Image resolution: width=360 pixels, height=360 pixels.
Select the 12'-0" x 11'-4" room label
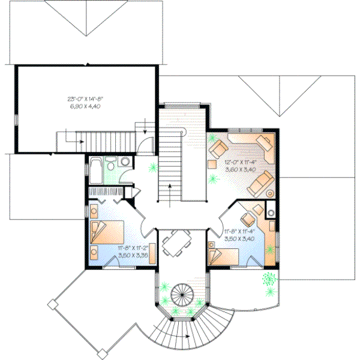pos(241,161)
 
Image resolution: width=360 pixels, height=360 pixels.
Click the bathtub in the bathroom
pos(95,171)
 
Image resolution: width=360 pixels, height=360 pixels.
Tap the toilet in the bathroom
pos(124,163)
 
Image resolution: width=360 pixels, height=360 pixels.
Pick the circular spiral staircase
pos(181,295)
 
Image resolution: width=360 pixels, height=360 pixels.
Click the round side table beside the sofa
pos(270,193)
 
